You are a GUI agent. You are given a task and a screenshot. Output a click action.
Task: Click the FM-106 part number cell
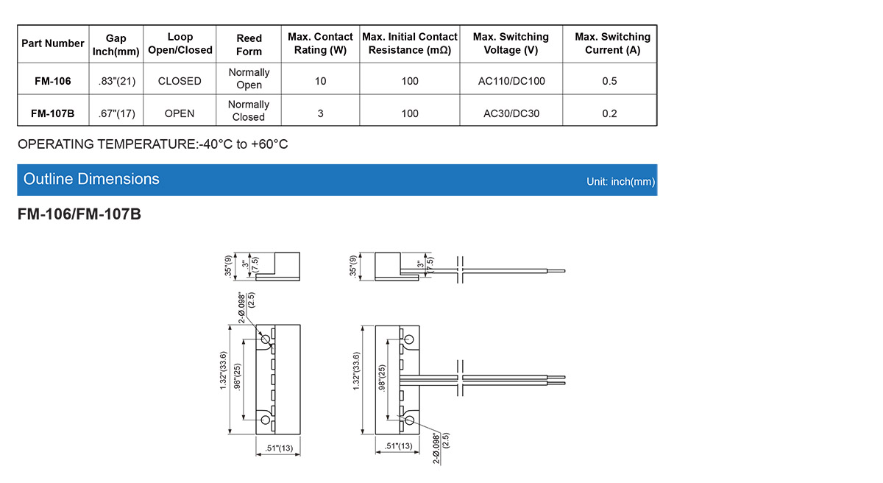point(52,81)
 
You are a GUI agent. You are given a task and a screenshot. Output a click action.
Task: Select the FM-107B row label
point(52,113)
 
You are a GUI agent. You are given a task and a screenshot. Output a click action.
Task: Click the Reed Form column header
point(249,44)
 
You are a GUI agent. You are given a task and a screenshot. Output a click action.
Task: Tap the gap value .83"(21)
point(116,81)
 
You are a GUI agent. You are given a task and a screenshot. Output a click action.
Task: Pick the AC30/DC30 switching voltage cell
point(511,113)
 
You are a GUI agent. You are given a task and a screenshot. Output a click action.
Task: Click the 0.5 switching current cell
point(609,81)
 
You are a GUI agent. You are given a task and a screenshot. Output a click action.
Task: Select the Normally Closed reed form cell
point(249,110)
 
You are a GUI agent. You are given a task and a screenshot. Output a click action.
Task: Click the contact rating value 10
point(320,81)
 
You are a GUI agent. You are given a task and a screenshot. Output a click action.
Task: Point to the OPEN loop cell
point(180,113)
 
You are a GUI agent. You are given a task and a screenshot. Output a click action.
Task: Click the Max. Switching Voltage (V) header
point(511,43)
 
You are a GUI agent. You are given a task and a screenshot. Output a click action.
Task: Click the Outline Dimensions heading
point(91,179)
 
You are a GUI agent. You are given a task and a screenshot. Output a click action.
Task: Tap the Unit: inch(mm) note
point(620,181)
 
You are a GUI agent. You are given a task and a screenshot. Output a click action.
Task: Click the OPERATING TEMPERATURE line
point(153,144)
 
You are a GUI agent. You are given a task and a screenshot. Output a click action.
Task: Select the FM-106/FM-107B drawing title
point(79,216)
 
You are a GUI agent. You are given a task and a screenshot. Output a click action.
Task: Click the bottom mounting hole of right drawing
point(409,420)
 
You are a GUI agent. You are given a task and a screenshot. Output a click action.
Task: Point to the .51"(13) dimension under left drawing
point(278,446)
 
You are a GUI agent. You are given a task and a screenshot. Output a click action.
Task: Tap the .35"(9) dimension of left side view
point(229,267)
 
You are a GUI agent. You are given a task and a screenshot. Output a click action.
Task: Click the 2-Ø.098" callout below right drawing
point(436,448)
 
